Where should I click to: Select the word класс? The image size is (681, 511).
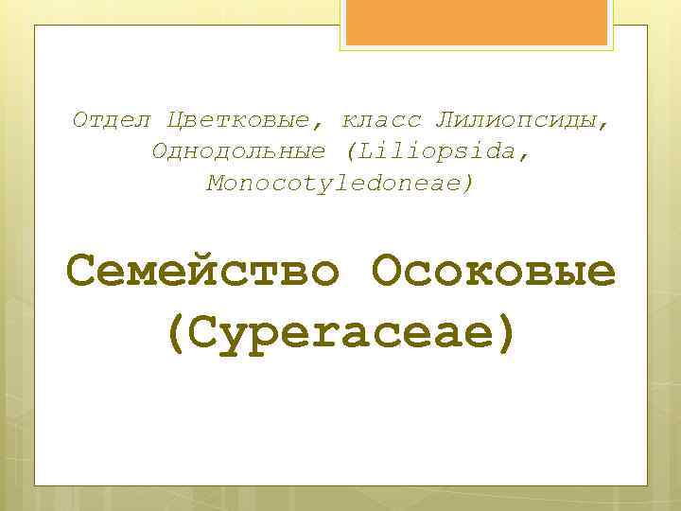pos(380,121)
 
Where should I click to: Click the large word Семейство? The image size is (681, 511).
pos(202,273)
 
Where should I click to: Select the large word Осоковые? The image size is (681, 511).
pos(495,273)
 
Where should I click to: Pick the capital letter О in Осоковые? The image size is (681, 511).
pos(388,273)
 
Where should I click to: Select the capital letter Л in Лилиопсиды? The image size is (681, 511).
pos(444,121)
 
